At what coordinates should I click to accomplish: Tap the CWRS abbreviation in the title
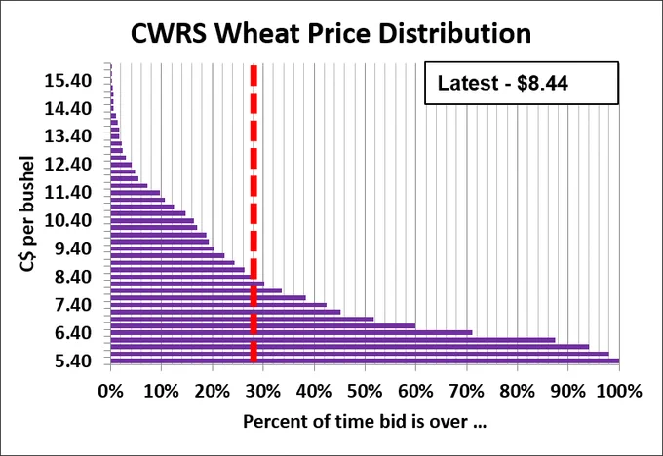(x=169, y=33)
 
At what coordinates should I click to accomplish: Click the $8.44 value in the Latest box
(x=542, y=83)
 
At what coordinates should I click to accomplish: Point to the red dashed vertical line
(x=253, y=213)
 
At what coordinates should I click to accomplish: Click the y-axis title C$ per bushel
(x=26, y=213)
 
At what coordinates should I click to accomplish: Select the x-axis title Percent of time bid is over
(x=365, y=422)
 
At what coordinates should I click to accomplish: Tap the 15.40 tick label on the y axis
(x=67, y=80)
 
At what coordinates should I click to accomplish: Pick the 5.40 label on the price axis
(x=73, y=361)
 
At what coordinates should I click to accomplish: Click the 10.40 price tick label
(x=67, y=220)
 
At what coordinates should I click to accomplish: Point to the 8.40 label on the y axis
(x=73, y=277)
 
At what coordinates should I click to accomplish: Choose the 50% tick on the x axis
(x=365, y=392)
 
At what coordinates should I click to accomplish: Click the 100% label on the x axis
(x=619, y=392)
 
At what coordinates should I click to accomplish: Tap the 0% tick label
(x=110, y=392)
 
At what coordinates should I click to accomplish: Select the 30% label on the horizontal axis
(x=263, y=392)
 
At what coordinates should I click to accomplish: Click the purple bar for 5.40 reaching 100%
(x=365, y=361)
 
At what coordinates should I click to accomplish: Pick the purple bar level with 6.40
(x=292, y=333)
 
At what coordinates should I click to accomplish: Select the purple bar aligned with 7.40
(x=218, y=305)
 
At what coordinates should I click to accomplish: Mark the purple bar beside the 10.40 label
(x=152, y=220)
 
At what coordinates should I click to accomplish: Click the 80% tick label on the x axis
(x=518, y=392)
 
